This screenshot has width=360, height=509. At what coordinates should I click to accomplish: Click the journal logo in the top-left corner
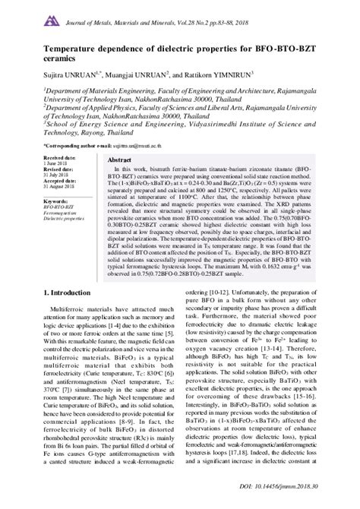click(x=30, y=16)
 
